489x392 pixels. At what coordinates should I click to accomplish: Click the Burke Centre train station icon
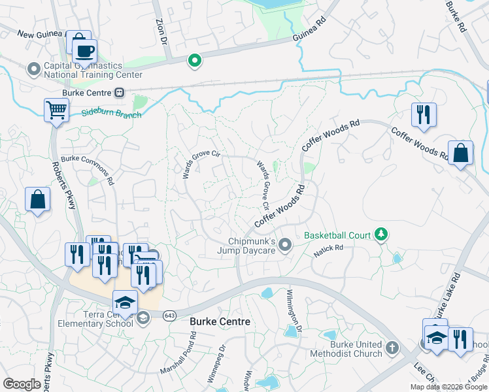tap(120, 93)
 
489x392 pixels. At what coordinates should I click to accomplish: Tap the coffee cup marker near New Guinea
tap(84, 50)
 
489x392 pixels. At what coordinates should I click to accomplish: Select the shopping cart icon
tap(57, 110)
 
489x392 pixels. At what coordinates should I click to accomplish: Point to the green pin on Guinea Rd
tap(194, 61)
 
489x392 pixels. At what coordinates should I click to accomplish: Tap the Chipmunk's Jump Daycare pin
tap(284, 245)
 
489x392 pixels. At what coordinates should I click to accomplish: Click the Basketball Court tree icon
tap(381, 234)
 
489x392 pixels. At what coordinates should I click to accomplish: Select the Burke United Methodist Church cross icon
tap(392, 348)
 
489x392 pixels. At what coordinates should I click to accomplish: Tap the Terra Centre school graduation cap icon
tap(125, 301)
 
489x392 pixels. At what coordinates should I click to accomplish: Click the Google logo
tap(22, 384)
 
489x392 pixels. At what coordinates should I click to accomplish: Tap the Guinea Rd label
tap(311, 31)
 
